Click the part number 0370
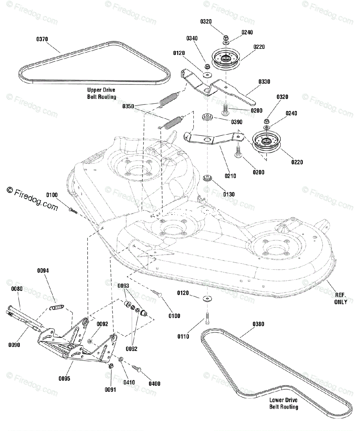pyautogui.click(x=42, y=39)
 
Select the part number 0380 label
pyautogui.click(x=258, y=324)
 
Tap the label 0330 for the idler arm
pyautogui.click(x=264, y=82)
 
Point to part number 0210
pyautogui.click(x=230, y=176)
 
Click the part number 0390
pyautogui.click(x=237, y=122)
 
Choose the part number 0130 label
pyautogui.click(x=229, y=194)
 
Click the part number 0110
pyautogui.click(x=183, y=337)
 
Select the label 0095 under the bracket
pyautogui.click(x=64, y=379)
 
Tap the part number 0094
pyautogui.click(x=43, y=270)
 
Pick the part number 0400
pyautogui.click(x=155, y=384)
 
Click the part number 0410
pyautogui.click(x=129, y=383)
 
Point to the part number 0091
pyautogui.click(x=111, y=390)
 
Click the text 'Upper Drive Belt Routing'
pyautogui.click(x=101, y=93)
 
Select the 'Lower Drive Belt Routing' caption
pyautogui.click(x=284, y=404)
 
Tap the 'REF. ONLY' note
pyautogui.click(x=340, y=298)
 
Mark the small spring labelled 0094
pyautogui.click(x=57, y=307)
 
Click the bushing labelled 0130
pyautogui.click(x=207, y=178)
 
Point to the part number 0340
pyautogui.click(x=192, y=38)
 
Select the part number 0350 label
pyautogui.click(x=128, y=106)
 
